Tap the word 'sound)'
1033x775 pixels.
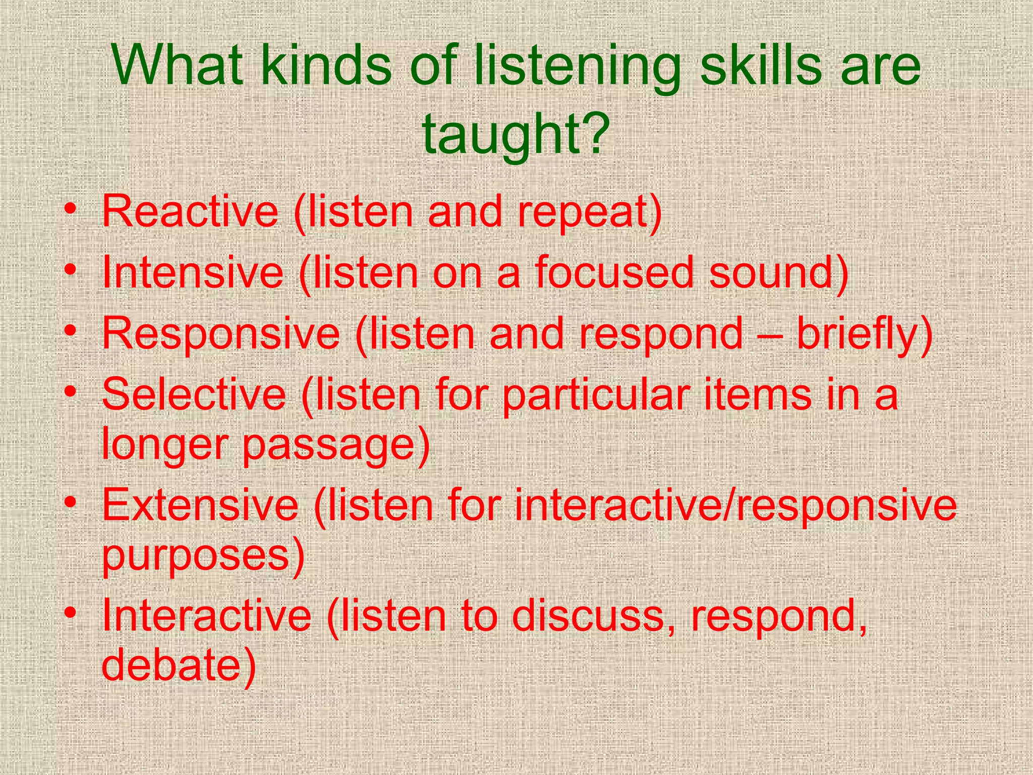click(x=779, y=272)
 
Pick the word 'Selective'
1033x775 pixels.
click(x=194, y=394)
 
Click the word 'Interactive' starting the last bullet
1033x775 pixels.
click(x=207, y=616)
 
